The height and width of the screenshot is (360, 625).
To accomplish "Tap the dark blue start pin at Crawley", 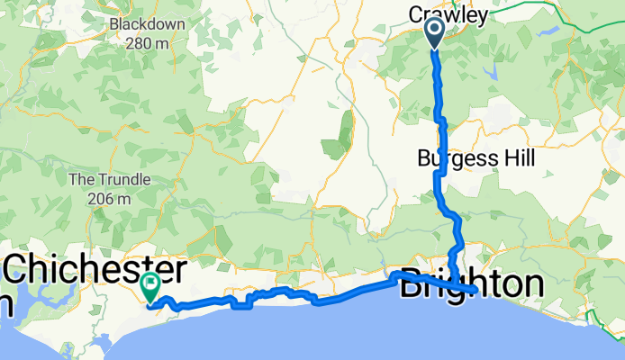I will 433,32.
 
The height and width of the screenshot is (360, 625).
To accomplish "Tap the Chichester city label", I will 96,270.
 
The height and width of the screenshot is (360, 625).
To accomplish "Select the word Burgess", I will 451,158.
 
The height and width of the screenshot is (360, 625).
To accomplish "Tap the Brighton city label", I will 471,284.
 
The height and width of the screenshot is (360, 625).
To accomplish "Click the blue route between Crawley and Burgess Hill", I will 438,90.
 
